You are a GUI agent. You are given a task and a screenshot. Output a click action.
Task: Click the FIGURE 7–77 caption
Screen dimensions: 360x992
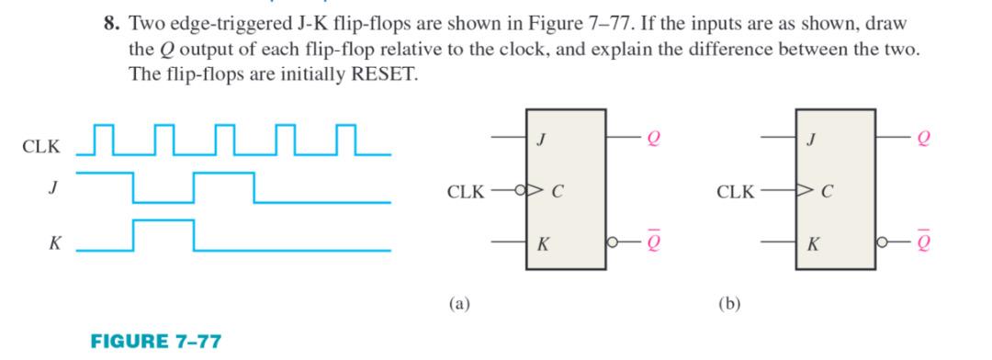coord(156,341)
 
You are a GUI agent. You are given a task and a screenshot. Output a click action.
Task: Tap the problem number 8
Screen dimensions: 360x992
coord(109,25)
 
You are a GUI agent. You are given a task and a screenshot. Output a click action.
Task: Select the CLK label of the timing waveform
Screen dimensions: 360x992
coord(42,147)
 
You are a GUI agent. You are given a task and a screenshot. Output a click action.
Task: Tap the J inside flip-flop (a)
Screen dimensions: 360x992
coord(542,140)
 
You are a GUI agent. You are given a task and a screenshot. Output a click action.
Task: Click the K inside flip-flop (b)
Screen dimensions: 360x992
coord(811,244)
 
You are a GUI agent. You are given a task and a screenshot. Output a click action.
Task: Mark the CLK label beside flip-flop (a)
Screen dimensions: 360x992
coord(466,192)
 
